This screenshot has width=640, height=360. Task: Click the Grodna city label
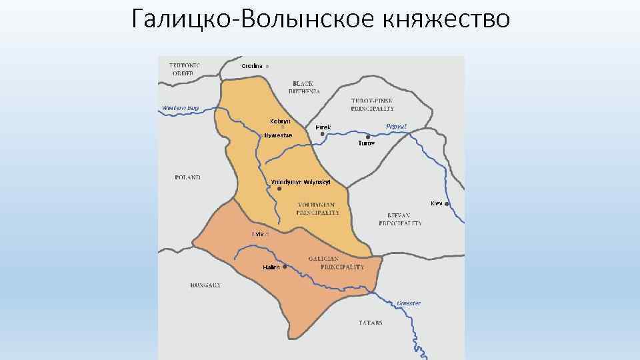(x=252, y=65)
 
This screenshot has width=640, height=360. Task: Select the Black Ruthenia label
(x=305, y=87)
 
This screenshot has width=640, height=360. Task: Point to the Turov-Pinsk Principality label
(x=372, y=104)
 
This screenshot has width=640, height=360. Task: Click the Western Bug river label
(x=180, y=108)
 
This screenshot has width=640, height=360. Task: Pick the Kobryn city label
(x=280, y=121)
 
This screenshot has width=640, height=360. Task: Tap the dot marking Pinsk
(x=322, y=134)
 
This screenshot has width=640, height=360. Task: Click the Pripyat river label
(x=396, y=126)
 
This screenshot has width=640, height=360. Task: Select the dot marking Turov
(x=368, y=137)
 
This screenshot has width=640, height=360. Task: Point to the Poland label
(x=187, y=177)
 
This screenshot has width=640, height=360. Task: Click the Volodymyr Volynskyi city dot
(x=270, y=189)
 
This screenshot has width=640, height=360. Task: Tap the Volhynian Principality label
(x=317, y=208)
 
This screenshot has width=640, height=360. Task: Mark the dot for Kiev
(x=447, y=203)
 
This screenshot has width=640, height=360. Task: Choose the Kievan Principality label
(x=400, y=219)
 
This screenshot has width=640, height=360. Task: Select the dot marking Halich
(x=285, y=267)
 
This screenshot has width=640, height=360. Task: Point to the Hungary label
(x=205, y=285)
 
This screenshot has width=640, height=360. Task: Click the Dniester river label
(x=408, y=303)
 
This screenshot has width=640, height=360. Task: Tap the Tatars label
(x=371, y=323)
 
